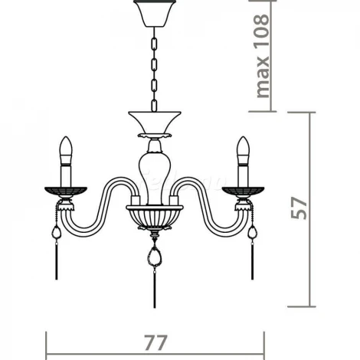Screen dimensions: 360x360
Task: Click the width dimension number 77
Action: tap(155, 342)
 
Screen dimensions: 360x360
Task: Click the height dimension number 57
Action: tap(299, 208)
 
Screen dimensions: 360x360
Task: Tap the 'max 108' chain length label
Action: tap(262, 56)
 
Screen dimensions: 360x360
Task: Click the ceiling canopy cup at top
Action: tap(155, 13)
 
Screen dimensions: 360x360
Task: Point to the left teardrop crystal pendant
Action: tap(57, 232)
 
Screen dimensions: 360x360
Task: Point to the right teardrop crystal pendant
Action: tap(253, 232)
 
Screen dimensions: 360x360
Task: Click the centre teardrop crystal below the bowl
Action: tap(155, 256)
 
